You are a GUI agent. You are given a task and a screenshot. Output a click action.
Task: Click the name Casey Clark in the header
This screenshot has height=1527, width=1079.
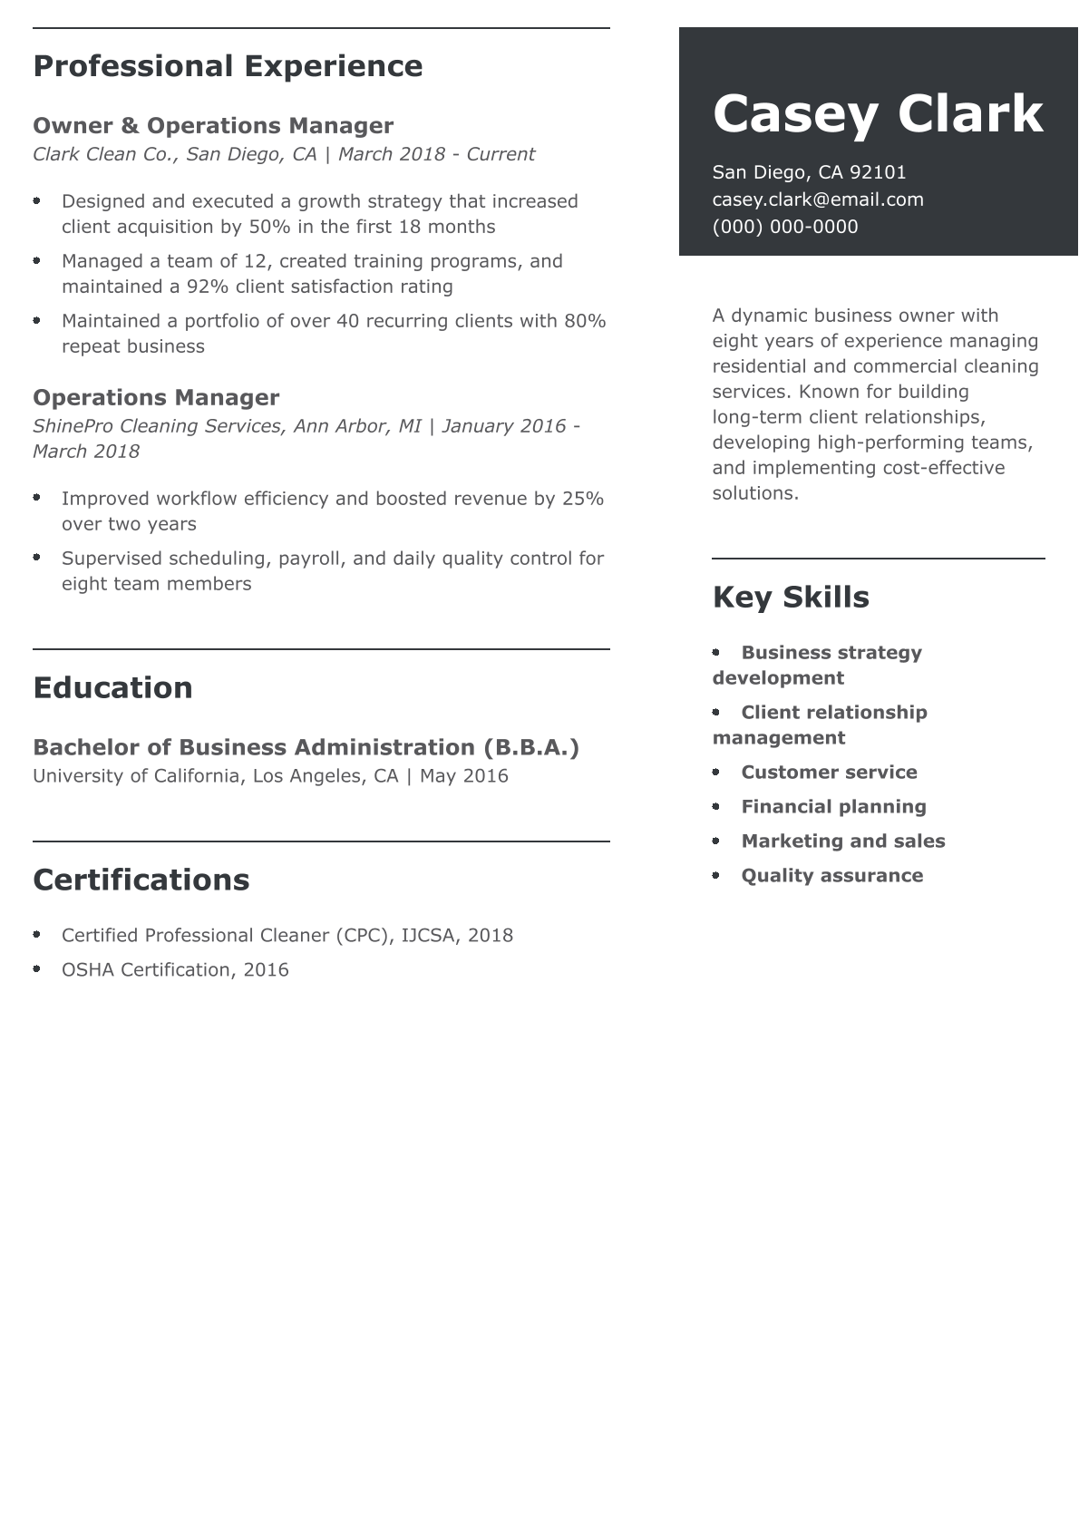pos(877,114)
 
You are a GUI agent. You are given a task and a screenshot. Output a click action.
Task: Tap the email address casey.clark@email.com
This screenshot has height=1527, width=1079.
pos(817,199)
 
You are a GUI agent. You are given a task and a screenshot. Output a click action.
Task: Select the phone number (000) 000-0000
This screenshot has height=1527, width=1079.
pos(784,227)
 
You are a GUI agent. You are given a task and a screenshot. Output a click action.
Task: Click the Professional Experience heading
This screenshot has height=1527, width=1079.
pos(228,66)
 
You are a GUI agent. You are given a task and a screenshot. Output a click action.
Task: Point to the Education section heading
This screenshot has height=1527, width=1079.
pos(112,687)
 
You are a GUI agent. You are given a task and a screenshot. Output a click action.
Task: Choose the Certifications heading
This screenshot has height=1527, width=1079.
pos(141,880)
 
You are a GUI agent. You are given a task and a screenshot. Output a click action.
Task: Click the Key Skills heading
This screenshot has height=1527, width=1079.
pos(790,597)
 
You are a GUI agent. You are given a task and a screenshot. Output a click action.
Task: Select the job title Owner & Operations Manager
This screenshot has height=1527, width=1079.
pos(213,125)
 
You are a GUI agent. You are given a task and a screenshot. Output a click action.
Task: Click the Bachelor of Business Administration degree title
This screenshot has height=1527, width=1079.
pos(306,747)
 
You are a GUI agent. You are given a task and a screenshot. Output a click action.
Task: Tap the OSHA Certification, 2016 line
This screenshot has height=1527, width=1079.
pos(175,970)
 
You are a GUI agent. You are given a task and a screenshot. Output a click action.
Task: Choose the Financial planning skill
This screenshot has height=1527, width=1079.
pos(833,807)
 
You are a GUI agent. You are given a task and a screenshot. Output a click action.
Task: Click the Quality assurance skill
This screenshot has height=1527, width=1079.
pos(831,876)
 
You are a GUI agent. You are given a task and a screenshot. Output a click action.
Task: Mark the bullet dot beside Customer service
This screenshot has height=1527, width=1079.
pos(716,773)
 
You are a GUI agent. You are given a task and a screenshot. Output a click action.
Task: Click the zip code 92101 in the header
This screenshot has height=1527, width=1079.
pos(877,172)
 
